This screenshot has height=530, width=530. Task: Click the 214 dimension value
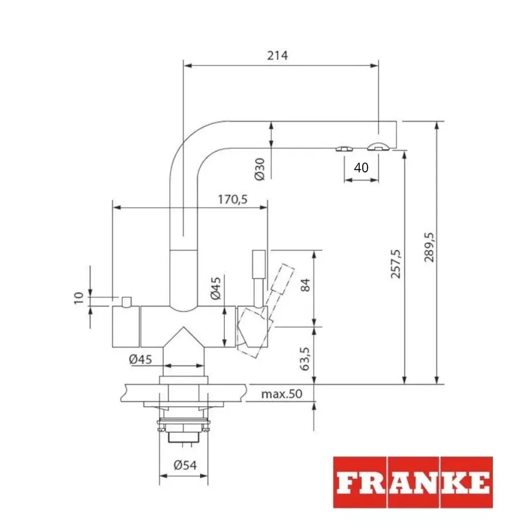coord(277,55)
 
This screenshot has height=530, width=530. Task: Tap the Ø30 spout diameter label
coord(260,169)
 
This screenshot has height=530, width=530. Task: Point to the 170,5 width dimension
coord(233,199)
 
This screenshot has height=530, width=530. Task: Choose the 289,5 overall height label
coord(430,247)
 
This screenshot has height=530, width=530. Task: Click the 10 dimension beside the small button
coord(79,298)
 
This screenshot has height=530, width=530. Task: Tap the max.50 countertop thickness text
coord(281,394)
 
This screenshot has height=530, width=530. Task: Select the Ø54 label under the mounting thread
coord(185,465)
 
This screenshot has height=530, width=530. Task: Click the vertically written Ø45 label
coord(216,288)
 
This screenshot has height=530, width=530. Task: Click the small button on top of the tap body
coord(126,301)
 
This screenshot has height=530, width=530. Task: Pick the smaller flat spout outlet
coord(344,149)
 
